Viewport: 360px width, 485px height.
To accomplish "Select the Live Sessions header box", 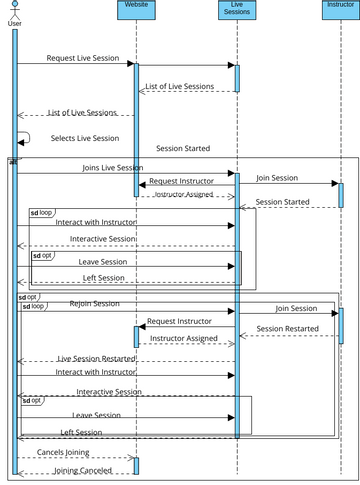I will (x=237, y=10).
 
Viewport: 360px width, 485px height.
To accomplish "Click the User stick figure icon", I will (x=14, y=9).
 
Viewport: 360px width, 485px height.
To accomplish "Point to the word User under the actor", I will (x=14, y=23).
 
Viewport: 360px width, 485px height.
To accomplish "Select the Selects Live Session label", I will (x=85, y=138).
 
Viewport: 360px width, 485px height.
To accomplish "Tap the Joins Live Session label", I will (x=112, y=168).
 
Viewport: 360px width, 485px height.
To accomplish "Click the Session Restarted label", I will (x=288, y=329).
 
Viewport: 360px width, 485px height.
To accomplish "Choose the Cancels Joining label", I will (x=64, y=453).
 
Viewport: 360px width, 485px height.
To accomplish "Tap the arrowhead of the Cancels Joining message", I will (x=130, y=459).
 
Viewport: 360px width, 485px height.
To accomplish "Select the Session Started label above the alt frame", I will (x=182, y=148).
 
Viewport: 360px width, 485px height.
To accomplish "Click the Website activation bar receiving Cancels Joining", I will (x=136, y=465).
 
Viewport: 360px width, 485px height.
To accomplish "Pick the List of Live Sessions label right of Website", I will (x=179, y=87).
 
